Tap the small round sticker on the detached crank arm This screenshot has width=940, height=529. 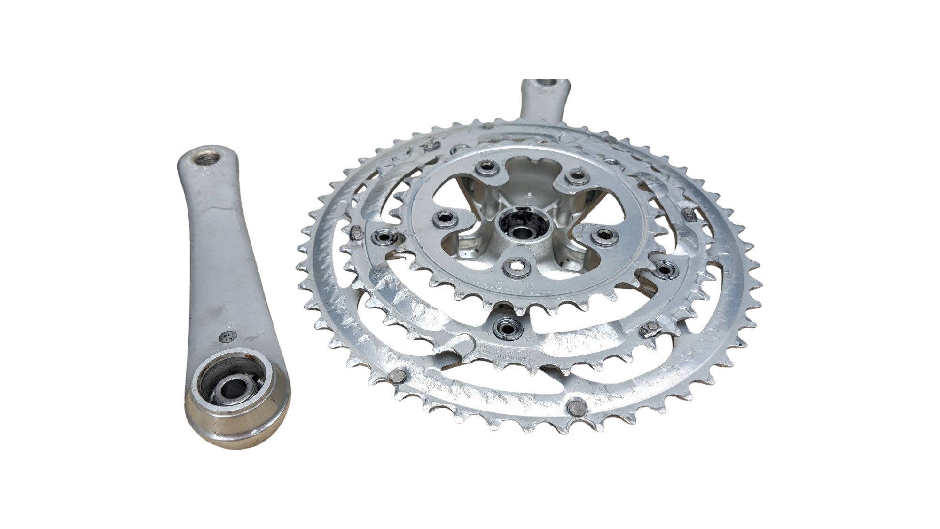click(227, 338)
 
